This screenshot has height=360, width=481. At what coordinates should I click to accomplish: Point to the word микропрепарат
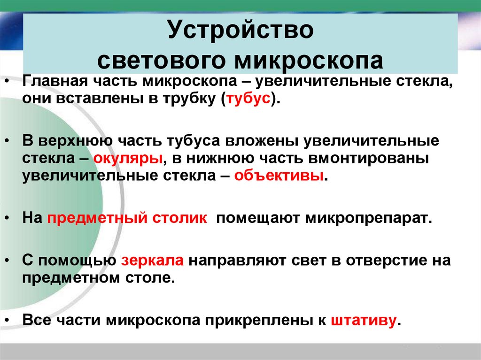point(368,219)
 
